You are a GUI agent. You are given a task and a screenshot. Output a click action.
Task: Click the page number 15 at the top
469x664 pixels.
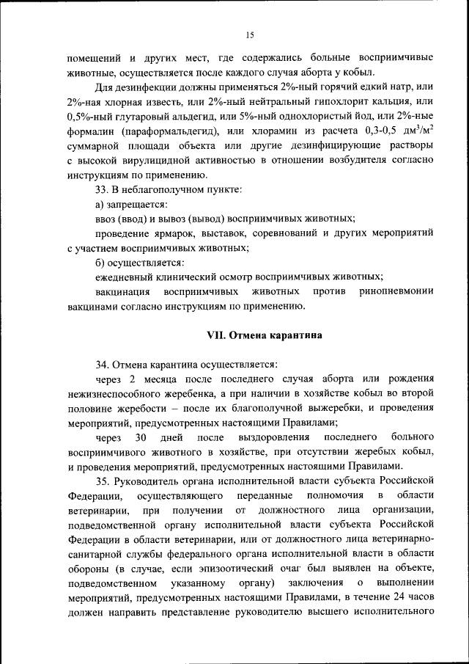point(249,34)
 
